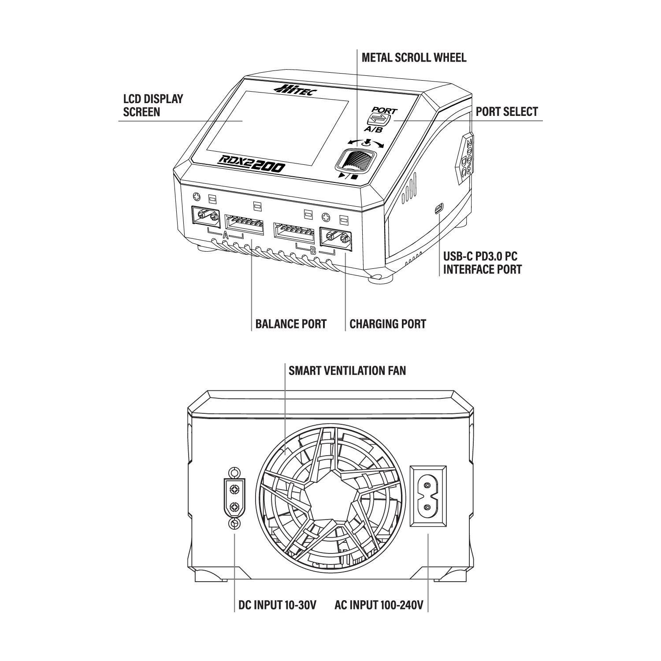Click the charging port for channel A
207,216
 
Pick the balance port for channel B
294,233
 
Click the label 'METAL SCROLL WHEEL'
413,58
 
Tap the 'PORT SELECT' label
507,111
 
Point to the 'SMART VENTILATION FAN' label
347,371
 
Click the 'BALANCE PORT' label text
291,324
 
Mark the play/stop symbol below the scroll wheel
347,176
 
